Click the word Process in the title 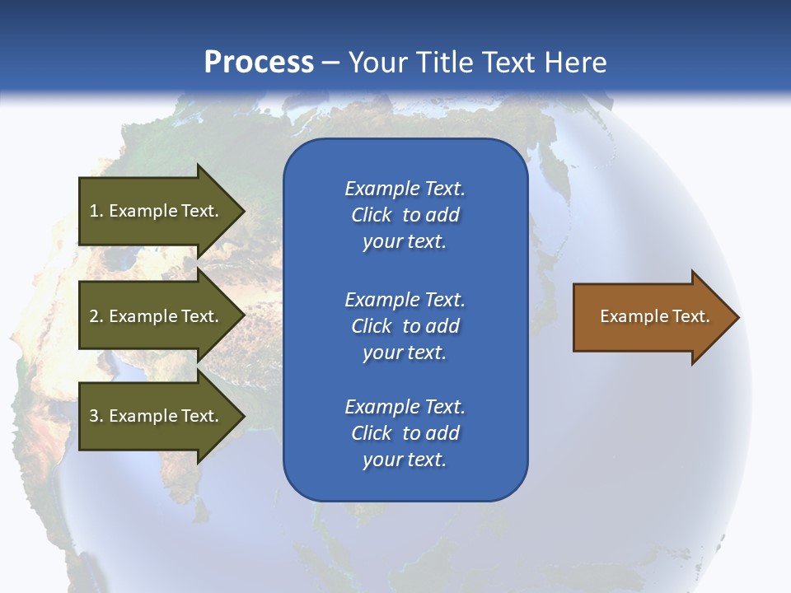(259, 63)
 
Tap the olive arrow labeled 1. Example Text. (157, 211)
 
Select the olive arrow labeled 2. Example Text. (157, 316)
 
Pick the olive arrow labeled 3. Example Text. (157, 416)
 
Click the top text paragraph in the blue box (405, 215)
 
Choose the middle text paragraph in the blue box (405, 326)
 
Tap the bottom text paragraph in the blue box (405, 433)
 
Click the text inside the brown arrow (654, 316)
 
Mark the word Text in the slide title (510, 63)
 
